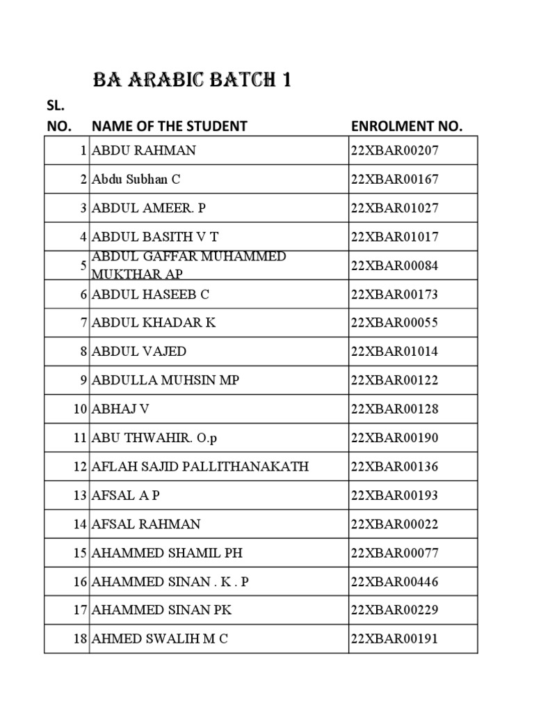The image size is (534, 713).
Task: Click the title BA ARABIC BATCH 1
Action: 191,81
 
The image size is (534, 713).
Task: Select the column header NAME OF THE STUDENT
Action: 169,126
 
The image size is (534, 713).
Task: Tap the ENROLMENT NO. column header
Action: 407,126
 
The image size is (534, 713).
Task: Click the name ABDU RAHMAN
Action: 144,150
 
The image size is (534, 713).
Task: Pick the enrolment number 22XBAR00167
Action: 395,179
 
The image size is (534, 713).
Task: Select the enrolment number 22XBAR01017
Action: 395,237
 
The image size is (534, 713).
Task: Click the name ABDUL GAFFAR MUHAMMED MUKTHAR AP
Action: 188,265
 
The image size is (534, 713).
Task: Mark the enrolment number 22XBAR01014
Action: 395,352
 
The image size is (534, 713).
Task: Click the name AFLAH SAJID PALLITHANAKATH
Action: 200,467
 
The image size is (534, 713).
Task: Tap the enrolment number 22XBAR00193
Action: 395,495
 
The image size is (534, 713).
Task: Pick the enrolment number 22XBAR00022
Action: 395,524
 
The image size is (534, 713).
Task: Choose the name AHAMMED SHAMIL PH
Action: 167,553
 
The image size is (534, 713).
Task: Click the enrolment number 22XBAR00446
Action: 395,581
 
